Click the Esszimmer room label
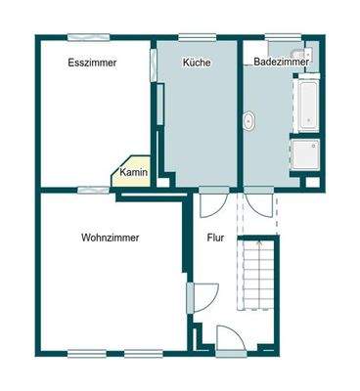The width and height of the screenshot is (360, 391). click(x=93, y=63)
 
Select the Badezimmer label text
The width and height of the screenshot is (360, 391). click(x=282, y=63)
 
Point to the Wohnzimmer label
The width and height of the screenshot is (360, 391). click(x=110, y=238)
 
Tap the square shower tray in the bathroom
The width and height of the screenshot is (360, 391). click(x=304, y=155)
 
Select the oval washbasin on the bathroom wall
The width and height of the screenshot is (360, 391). click(x=249, y=122)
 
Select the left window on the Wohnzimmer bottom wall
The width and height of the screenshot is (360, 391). click(x=94, y=352)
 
